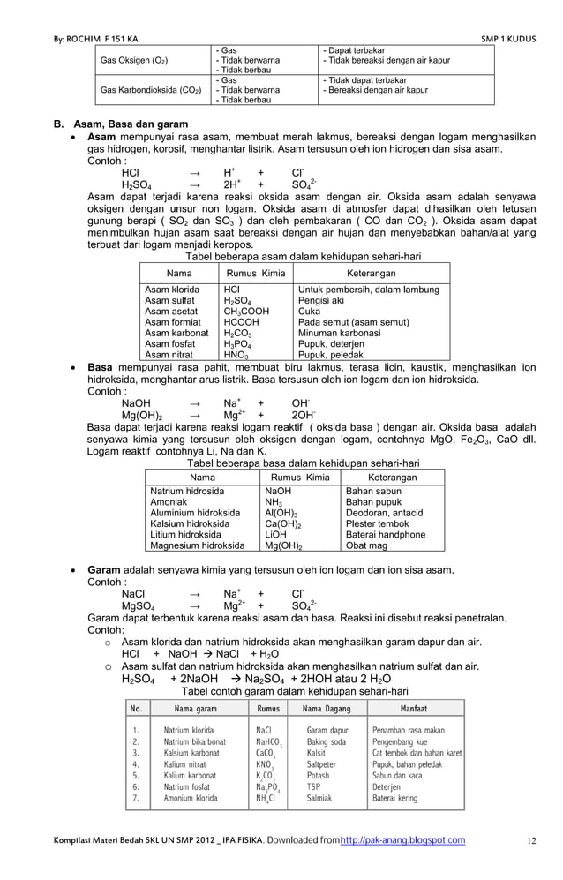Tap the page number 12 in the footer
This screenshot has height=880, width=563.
pyautogui.click(x=531, y=840)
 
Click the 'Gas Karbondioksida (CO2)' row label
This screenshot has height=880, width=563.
pyautogui.click(x=151, y=91)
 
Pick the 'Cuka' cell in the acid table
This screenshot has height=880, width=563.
pyautogui.click(x=310, y=312)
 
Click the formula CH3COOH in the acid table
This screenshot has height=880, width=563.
pyautogui.click(x=248, y=312)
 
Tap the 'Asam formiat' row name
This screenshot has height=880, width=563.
pyautogui.click(x=173, y=323)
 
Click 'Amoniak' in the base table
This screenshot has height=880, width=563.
pyautogui.click(x=169, y=502)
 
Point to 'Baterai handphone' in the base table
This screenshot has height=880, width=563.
pyautogui.click(x=386, y=535)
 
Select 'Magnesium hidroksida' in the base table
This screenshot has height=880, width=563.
pyautogui.click(x=198, y=546)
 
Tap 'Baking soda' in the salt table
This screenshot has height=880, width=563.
pyautogui.click(x=327, y=742)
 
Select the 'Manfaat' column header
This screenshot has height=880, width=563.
pyautogui.click(x=416, y=709)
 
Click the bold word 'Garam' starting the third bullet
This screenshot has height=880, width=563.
pyautogui.click(x=104, y=570)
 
